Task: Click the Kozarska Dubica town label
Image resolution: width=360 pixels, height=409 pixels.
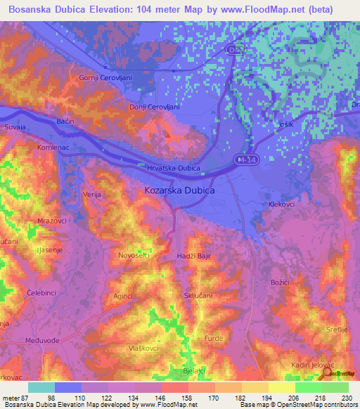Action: (179, 190)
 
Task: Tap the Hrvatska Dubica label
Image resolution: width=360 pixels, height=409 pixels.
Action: (173, 169)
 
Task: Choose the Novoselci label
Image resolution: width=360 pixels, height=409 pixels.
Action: (134, 255)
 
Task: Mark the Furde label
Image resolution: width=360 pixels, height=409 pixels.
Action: (214, 337)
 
